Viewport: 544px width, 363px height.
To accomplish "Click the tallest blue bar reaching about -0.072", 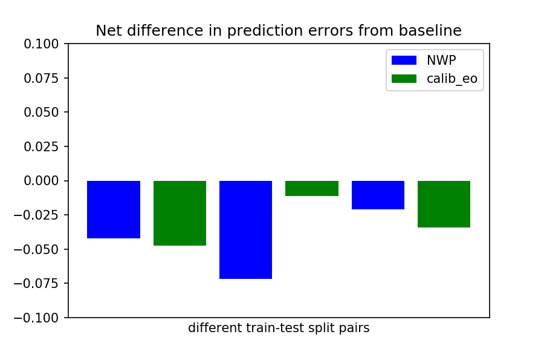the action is coord(245,230).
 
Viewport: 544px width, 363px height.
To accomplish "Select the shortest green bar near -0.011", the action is coord(312,188).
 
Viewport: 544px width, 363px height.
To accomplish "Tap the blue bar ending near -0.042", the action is coord(114,209).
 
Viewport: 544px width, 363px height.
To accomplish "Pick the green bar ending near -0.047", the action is coord(180,214).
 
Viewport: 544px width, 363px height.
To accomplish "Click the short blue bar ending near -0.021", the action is coord(378,195).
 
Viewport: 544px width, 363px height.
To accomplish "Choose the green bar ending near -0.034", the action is coord(444,204).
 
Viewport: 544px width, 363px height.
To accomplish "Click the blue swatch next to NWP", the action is coord(404,60).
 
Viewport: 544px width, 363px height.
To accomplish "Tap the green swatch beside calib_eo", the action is coord(404,79).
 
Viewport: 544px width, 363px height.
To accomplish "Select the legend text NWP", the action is coord(441,60).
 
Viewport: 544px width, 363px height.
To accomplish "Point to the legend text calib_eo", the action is coord(452,79).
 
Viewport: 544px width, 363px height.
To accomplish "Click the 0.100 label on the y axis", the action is coord(41,44).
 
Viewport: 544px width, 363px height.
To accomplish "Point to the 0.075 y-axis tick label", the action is coord(41,78).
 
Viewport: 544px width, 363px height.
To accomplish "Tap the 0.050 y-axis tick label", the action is coord(41,112).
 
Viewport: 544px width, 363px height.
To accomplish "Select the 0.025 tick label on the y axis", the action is coord(41,146).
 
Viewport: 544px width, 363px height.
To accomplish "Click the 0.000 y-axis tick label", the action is coord(41,181).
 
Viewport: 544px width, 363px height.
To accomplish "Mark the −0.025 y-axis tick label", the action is coord(36,215).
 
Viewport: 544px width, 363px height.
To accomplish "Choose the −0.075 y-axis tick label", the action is coord(36,284).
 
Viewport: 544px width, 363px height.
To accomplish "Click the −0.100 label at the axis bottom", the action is coord(36,318).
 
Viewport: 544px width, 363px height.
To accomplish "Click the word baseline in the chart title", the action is coord(430,31).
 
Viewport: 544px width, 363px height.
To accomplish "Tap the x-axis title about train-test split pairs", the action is coord(279,328).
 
